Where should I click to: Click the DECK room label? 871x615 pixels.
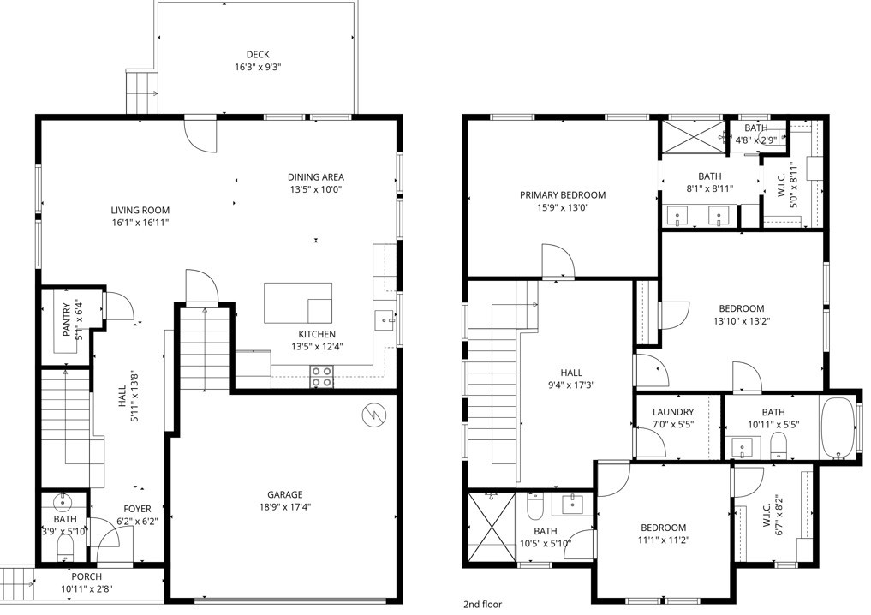click(x=258, y=54)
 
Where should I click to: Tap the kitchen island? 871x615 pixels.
click(x=297, y=302)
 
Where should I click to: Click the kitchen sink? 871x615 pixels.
click(x=383, y=321)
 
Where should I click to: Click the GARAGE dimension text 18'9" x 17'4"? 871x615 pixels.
click(x=284, y=506)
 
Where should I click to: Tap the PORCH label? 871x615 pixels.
click(x=86, y=576)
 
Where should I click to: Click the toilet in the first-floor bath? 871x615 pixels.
click(x=64, y=543)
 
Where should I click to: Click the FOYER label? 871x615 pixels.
click(x=137, y=508)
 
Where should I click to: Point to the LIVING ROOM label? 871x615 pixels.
click(x=140, y=210)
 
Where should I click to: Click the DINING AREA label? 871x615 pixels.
click(x=315, y=177)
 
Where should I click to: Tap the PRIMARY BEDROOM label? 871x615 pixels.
click(x=563, y=195)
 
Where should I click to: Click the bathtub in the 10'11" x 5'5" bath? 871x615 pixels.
click(x=838, y=429)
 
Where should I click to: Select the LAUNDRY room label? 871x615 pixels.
click(x=672, y=412)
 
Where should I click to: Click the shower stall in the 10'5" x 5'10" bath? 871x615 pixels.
click(x=490, y=527)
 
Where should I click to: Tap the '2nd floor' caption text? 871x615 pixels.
click(x=482, y=604)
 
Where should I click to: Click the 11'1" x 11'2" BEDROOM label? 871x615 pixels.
click(x=663, y=528)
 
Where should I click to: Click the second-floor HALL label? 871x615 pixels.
click(x=571, y=373)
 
